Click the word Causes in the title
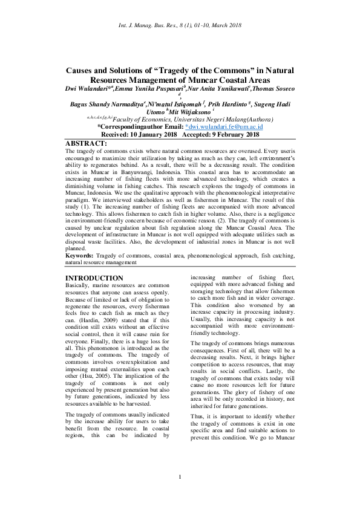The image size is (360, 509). [83, 70]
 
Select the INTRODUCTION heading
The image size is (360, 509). [94, 278]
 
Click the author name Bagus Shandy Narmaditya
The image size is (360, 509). [106, 104]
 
